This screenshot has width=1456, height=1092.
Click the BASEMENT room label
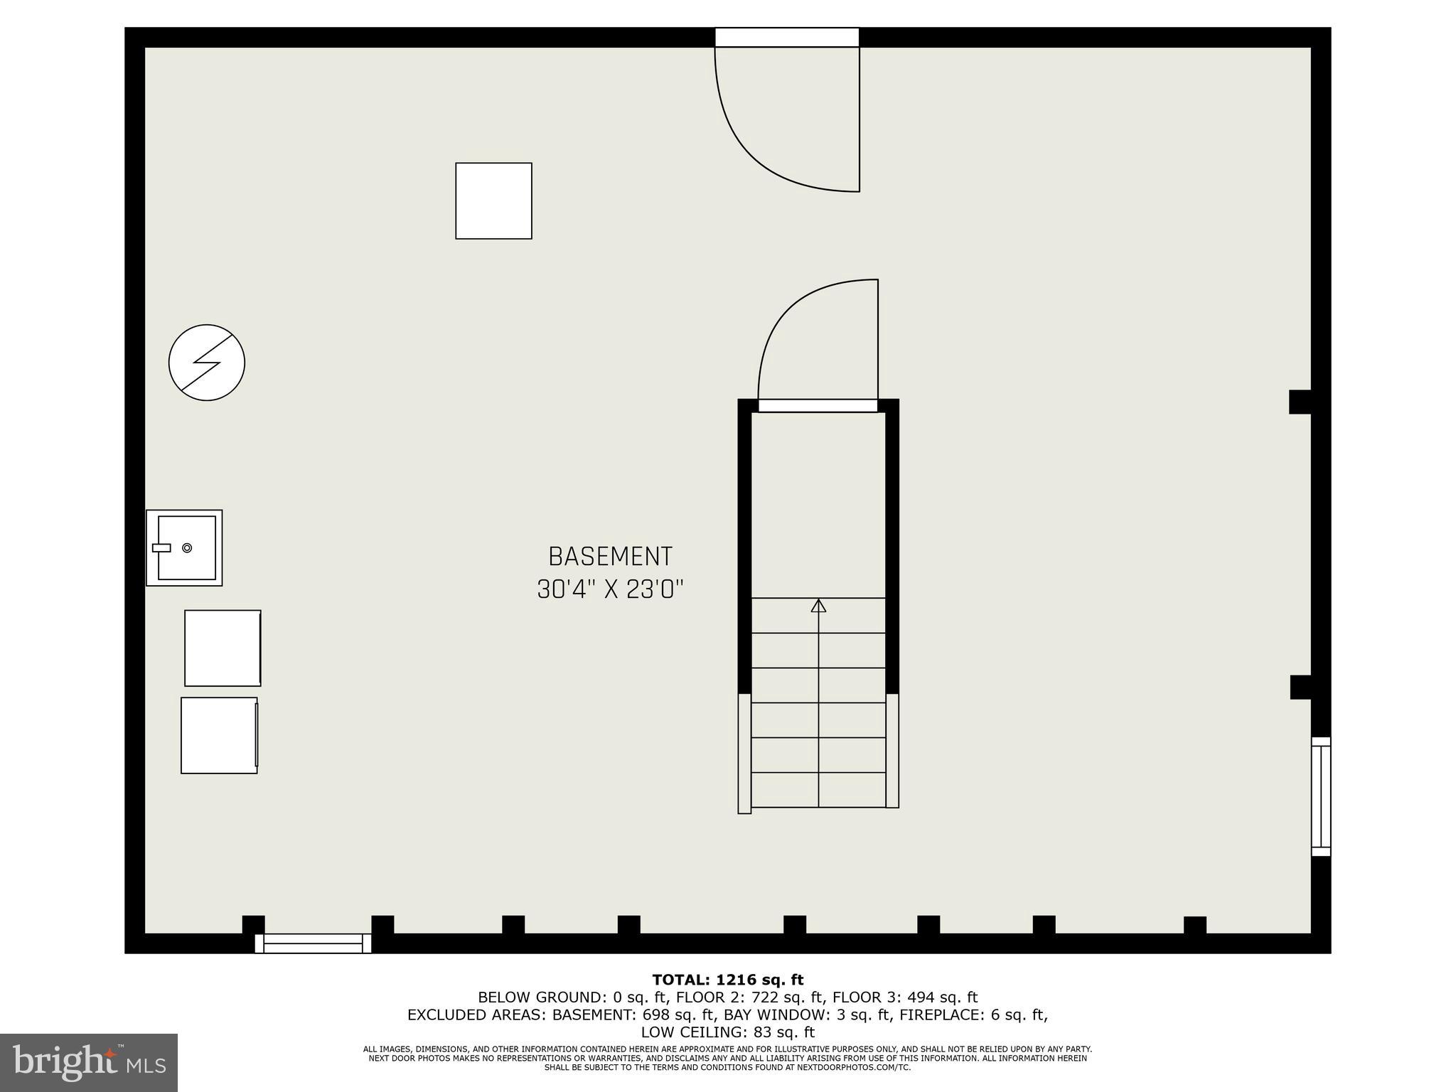[x=610, y=556]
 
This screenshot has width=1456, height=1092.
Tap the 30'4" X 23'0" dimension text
[x=610, y=589]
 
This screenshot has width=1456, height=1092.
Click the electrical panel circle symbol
[x=207, y=363]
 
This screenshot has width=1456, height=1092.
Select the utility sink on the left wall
[x=184, y=547]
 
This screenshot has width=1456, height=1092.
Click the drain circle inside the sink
[x=187, y=547]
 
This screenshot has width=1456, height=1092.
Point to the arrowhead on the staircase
[x=818, y=606]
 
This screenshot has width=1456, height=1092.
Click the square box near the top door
[x=493, y=200]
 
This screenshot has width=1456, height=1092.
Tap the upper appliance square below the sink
[x=223, y=648]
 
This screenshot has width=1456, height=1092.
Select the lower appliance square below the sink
[x=219, y=735]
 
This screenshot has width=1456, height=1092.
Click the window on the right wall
[x=1320, y=796]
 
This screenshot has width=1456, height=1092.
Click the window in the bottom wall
[x=313, y=943]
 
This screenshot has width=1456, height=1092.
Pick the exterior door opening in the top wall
[x=787, y=37]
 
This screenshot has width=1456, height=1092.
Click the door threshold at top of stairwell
[x=818, y=405]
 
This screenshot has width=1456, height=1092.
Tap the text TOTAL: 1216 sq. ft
[x=727, y=980]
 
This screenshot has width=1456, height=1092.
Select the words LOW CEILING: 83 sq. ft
[x=727, y=1032]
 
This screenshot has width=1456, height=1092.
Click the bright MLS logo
[x=89, y=1063]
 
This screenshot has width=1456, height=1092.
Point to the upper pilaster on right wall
[x=1300, y=402]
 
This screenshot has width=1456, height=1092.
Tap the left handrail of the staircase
[x=744, y=753]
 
